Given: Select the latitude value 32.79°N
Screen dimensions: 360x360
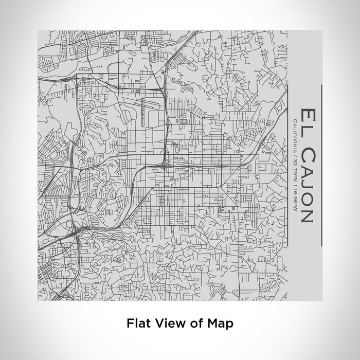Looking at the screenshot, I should pos(294,166).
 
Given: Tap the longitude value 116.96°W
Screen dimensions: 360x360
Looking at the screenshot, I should pos(294,192).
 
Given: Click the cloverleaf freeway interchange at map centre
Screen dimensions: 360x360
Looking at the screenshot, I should pos(163,166).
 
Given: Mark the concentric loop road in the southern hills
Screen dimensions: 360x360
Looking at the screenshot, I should pos(119,260).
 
